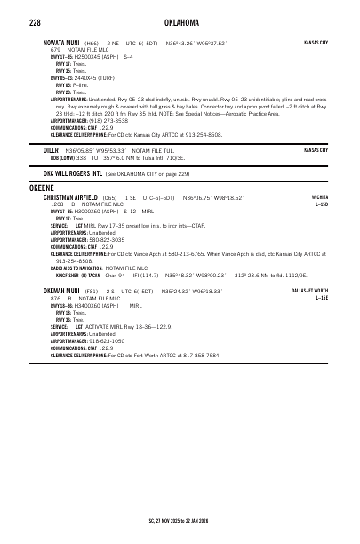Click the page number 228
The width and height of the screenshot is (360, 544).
35,21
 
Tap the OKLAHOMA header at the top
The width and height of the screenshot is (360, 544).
180,21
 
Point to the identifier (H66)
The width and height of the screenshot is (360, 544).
91,42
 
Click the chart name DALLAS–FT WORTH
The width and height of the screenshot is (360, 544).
309,291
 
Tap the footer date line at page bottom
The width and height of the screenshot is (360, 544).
178,519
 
